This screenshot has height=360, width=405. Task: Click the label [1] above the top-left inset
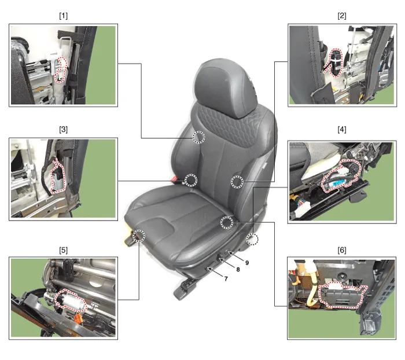(63, 16)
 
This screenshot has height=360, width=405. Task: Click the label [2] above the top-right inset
(342, 16)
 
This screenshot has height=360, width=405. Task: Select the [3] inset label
(63, 129)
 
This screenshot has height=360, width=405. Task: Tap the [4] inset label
(342, 129)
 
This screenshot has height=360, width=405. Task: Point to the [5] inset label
(63, 250)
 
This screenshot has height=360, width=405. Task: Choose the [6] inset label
(342, 250)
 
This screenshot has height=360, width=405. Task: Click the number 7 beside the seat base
(226, 278)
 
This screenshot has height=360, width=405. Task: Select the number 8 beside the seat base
(238, 270)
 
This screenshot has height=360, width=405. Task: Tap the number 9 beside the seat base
(247, 263)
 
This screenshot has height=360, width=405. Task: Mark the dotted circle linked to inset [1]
(198, 137)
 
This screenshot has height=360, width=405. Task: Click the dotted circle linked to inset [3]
(191, 180)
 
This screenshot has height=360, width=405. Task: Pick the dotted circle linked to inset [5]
(139, 236)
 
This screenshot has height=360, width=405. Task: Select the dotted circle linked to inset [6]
(227, 223)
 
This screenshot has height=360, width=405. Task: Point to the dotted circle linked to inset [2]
(237, 181)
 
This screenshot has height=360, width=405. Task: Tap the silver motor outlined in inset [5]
(71, 301)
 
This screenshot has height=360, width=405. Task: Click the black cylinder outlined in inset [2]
(336, 63)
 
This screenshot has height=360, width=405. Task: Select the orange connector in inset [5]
(78, 317)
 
